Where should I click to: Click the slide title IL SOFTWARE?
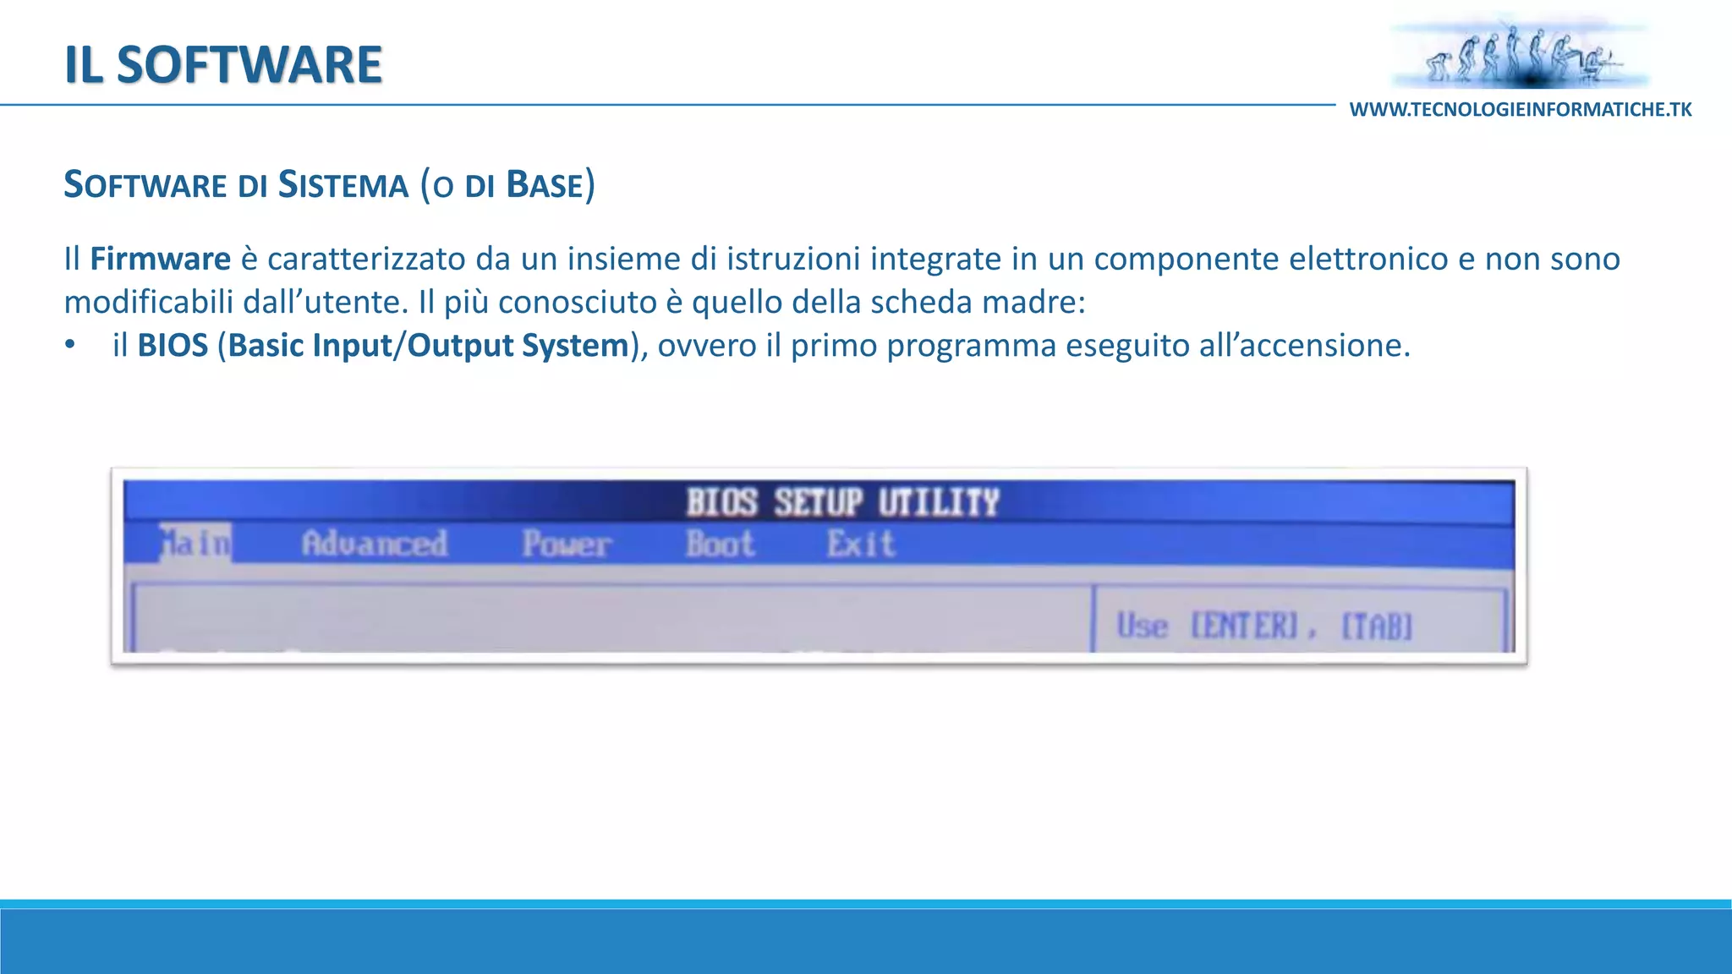pyautogui.click(x=223, y=65)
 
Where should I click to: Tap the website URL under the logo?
pyautogui.click(x=1520, y=110)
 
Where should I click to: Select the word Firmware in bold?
pyautogui.click(x=160, y=259)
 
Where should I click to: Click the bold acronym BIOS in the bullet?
pyautogui.click(x=173, y=346)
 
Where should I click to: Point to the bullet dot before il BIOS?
pyautogui.click(x=70, y=345)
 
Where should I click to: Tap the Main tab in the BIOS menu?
pyautogui.click(x=195, y=543)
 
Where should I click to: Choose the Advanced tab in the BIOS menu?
pyautogui.click(x=375, y=544)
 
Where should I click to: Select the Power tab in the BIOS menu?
pyautogui.click(x=566, y=544)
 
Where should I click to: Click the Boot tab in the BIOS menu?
pyautogui.click(x=720, y=544)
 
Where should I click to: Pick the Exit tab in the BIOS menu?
pyautogui.click(x=860, y=544)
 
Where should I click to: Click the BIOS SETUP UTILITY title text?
pyautogui.click(x=842, y=502)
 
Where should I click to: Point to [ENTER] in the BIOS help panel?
pyautogui.click(x=1244, y=627)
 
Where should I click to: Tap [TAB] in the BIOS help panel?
pyautogui.click(x=1377, y=627)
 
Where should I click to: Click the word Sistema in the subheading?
pyautogui.click(x=343, y=185)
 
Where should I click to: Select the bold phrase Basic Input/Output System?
pyautogui.click(x=429, y=346)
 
